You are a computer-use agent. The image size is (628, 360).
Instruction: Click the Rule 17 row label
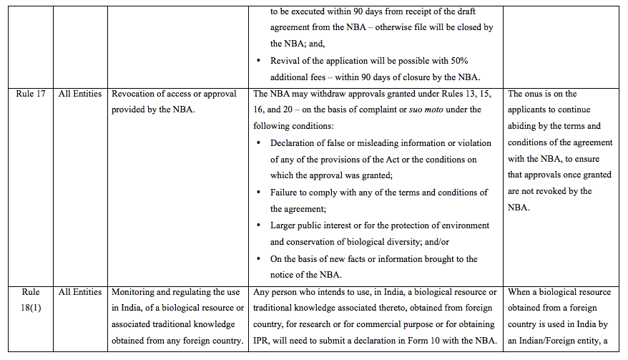[30, 94]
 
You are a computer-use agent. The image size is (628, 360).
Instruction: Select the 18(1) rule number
[30, 308]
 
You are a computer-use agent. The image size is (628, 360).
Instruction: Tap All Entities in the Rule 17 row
[80, 94]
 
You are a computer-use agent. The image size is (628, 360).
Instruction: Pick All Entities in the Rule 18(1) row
[80, 292]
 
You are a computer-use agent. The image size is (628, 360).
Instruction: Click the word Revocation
[137, 94]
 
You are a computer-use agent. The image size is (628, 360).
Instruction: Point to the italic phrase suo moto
[423, 110]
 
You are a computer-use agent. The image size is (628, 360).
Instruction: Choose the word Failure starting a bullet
[285, 193]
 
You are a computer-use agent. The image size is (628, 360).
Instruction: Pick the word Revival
[286, 61]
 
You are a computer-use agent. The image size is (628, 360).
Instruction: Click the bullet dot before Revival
[258, 61]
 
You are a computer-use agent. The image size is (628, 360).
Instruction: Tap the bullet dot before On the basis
[258, 258]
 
